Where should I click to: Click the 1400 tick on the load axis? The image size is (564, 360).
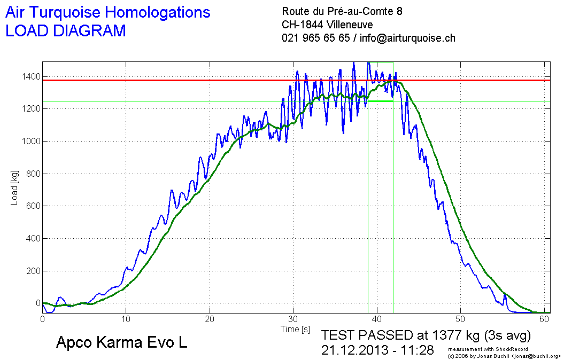click(29, 77)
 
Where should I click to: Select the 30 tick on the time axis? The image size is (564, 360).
click(293, 319)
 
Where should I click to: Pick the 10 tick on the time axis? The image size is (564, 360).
click(126, 319)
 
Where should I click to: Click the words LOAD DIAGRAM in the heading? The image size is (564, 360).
click(65, 31)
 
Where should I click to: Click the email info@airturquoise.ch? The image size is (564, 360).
click(407, 38)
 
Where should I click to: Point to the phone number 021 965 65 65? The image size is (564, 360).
click(315, 38)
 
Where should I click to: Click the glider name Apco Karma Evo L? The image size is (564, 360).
click(121, 343)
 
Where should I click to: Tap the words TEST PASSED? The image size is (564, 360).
click(367, 335)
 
